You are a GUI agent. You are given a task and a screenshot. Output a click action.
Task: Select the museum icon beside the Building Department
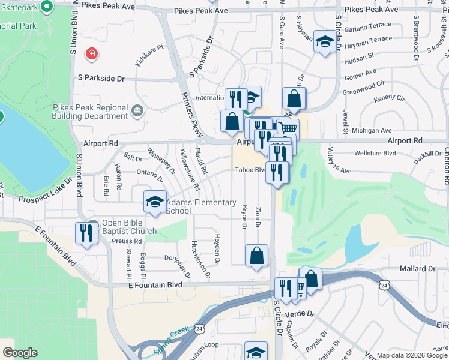coord(137,110)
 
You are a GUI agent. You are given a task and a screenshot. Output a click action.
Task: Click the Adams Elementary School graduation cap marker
coord(155,202)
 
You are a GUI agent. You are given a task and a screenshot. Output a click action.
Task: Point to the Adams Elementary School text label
coord(194,206)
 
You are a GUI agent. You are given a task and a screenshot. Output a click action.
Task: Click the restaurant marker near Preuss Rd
coord(86,232)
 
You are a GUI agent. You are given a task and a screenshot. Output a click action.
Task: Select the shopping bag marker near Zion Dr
coord(256,256)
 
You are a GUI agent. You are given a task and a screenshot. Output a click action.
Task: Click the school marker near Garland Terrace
coord(325,41)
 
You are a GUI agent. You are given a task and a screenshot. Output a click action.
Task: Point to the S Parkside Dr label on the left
coord(101,78)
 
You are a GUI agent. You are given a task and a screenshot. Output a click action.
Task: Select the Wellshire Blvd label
coord(375,152)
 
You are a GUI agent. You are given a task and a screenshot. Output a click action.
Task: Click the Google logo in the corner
coord(20,353)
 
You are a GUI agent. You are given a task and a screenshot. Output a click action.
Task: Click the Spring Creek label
coord(171,340)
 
